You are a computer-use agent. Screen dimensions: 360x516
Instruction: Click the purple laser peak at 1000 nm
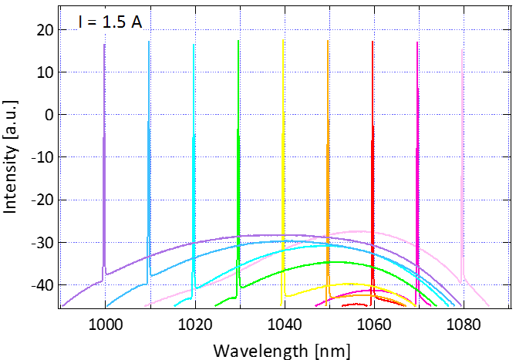pyautogui.click(x=104, y=45)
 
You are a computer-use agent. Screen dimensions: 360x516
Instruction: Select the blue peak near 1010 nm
pyautogui.click(x=149, y=42)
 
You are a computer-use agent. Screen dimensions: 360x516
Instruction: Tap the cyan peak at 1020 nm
pyautogui.click(x=194, y=45)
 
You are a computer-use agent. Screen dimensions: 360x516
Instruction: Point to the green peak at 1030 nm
pyautogui.click(x=238, y=42)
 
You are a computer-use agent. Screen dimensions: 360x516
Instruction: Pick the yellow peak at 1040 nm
pyautogui.click(x=283, y=42)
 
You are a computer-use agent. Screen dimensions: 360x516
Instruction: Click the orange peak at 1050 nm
pyautogui.click(x=328, y=42)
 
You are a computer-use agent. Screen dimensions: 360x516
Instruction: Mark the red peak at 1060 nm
pyautogui.click(x=373, y=42)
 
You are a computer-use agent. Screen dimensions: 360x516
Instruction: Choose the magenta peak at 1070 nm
pyautogui.click(x=417, y=43)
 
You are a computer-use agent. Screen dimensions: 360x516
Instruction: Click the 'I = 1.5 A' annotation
pyautogui.click(x=110, y=22)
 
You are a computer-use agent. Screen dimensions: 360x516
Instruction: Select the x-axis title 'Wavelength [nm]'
pyautogui.click(x=281, y=350)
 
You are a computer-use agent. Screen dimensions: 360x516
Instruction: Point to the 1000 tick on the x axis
pyautogui.click(x=105, y=325)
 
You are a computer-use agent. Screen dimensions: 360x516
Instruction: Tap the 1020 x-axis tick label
pyautogui.click(x=194, y=325)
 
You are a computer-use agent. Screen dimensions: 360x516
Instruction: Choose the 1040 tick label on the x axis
pyautogui.click(x=284, y=325)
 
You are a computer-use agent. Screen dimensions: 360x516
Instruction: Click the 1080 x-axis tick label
pyautogui.click(x=462, y=325)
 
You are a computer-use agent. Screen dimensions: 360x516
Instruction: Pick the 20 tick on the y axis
pyautogui.click(x=43, y=29)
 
